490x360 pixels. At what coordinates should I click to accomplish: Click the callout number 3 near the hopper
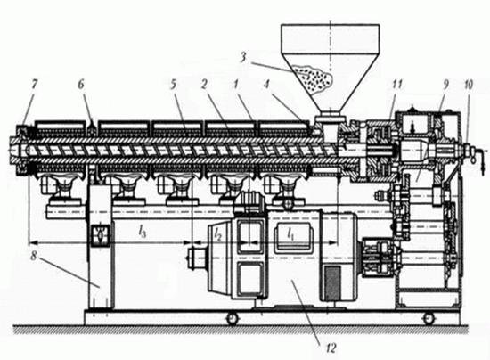(x=243, y=59)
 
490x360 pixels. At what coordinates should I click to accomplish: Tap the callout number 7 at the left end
(x=35, y=84)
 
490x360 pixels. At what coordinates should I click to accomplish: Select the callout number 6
(x=81, y=84)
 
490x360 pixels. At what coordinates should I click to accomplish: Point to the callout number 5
(x=173, y=84)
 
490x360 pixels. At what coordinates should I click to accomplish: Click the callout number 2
(x=204, y=84)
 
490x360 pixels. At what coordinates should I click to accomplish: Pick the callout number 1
(x=236, y=84)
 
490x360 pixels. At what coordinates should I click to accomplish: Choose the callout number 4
(x=266, y=84)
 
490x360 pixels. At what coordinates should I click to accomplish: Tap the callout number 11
(x=396, y=84)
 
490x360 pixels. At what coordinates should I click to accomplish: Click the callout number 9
(x=446, y=84)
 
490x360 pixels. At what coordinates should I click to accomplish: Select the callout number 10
(x=469, y=84)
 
